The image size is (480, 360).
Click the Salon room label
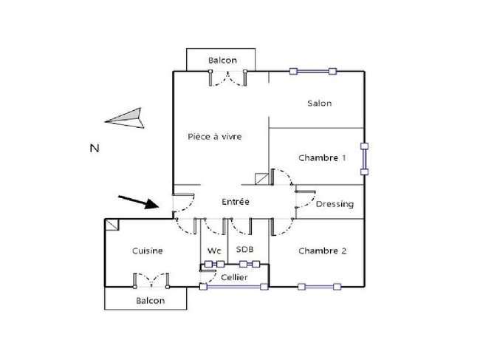click(319, 103)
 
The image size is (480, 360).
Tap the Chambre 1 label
click(322, 157)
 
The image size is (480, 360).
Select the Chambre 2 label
click(323, 251)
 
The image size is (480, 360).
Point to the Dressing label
click(335, 204)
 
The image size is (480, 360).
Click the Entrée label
click(236, 202)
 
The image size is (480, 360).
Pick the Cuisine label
click(147, 251)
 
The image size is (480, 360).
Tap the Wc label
click(214, 251)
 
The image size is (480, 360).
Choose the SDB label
click(245, 249)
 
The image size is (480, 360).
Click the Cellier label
click(234, 277)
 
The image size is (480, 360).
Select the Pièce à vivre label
click(215, 136)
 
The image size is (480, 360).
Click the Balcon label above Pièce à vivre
click(222, 61)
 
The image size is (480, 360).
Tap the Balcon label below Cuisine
click(151, 301)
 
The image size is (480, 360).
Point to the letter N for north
click(95, 149)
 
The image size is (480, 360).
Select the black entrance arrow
click(139, 202)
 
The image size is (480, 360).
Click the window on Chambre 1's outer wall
click(364, 159)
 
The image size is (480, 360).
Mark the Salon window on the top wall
click(313, 72)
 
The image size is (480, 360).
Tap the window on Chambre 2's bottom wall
click(319, 287)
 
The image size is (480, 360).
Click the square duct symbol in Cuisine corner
click(112, 225)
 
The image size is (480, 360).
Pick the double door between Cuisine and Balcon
click(151, 280)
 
